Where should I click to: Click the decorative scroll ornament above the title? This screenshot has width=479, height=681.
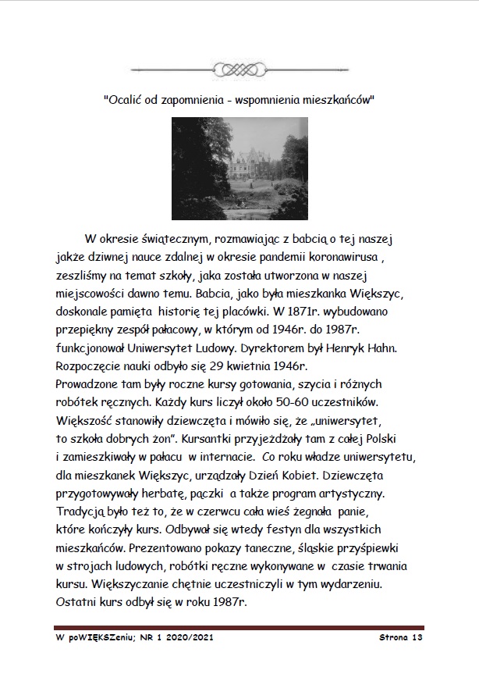pyautogui.click(x=239, y=70)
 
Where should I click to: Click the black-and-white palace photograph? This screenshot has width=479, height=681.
pyautogui.click(x=239, y=168)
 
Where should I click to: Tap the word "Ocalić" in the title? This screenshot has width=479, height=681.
pyautogui.click(x=126, y=100)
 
